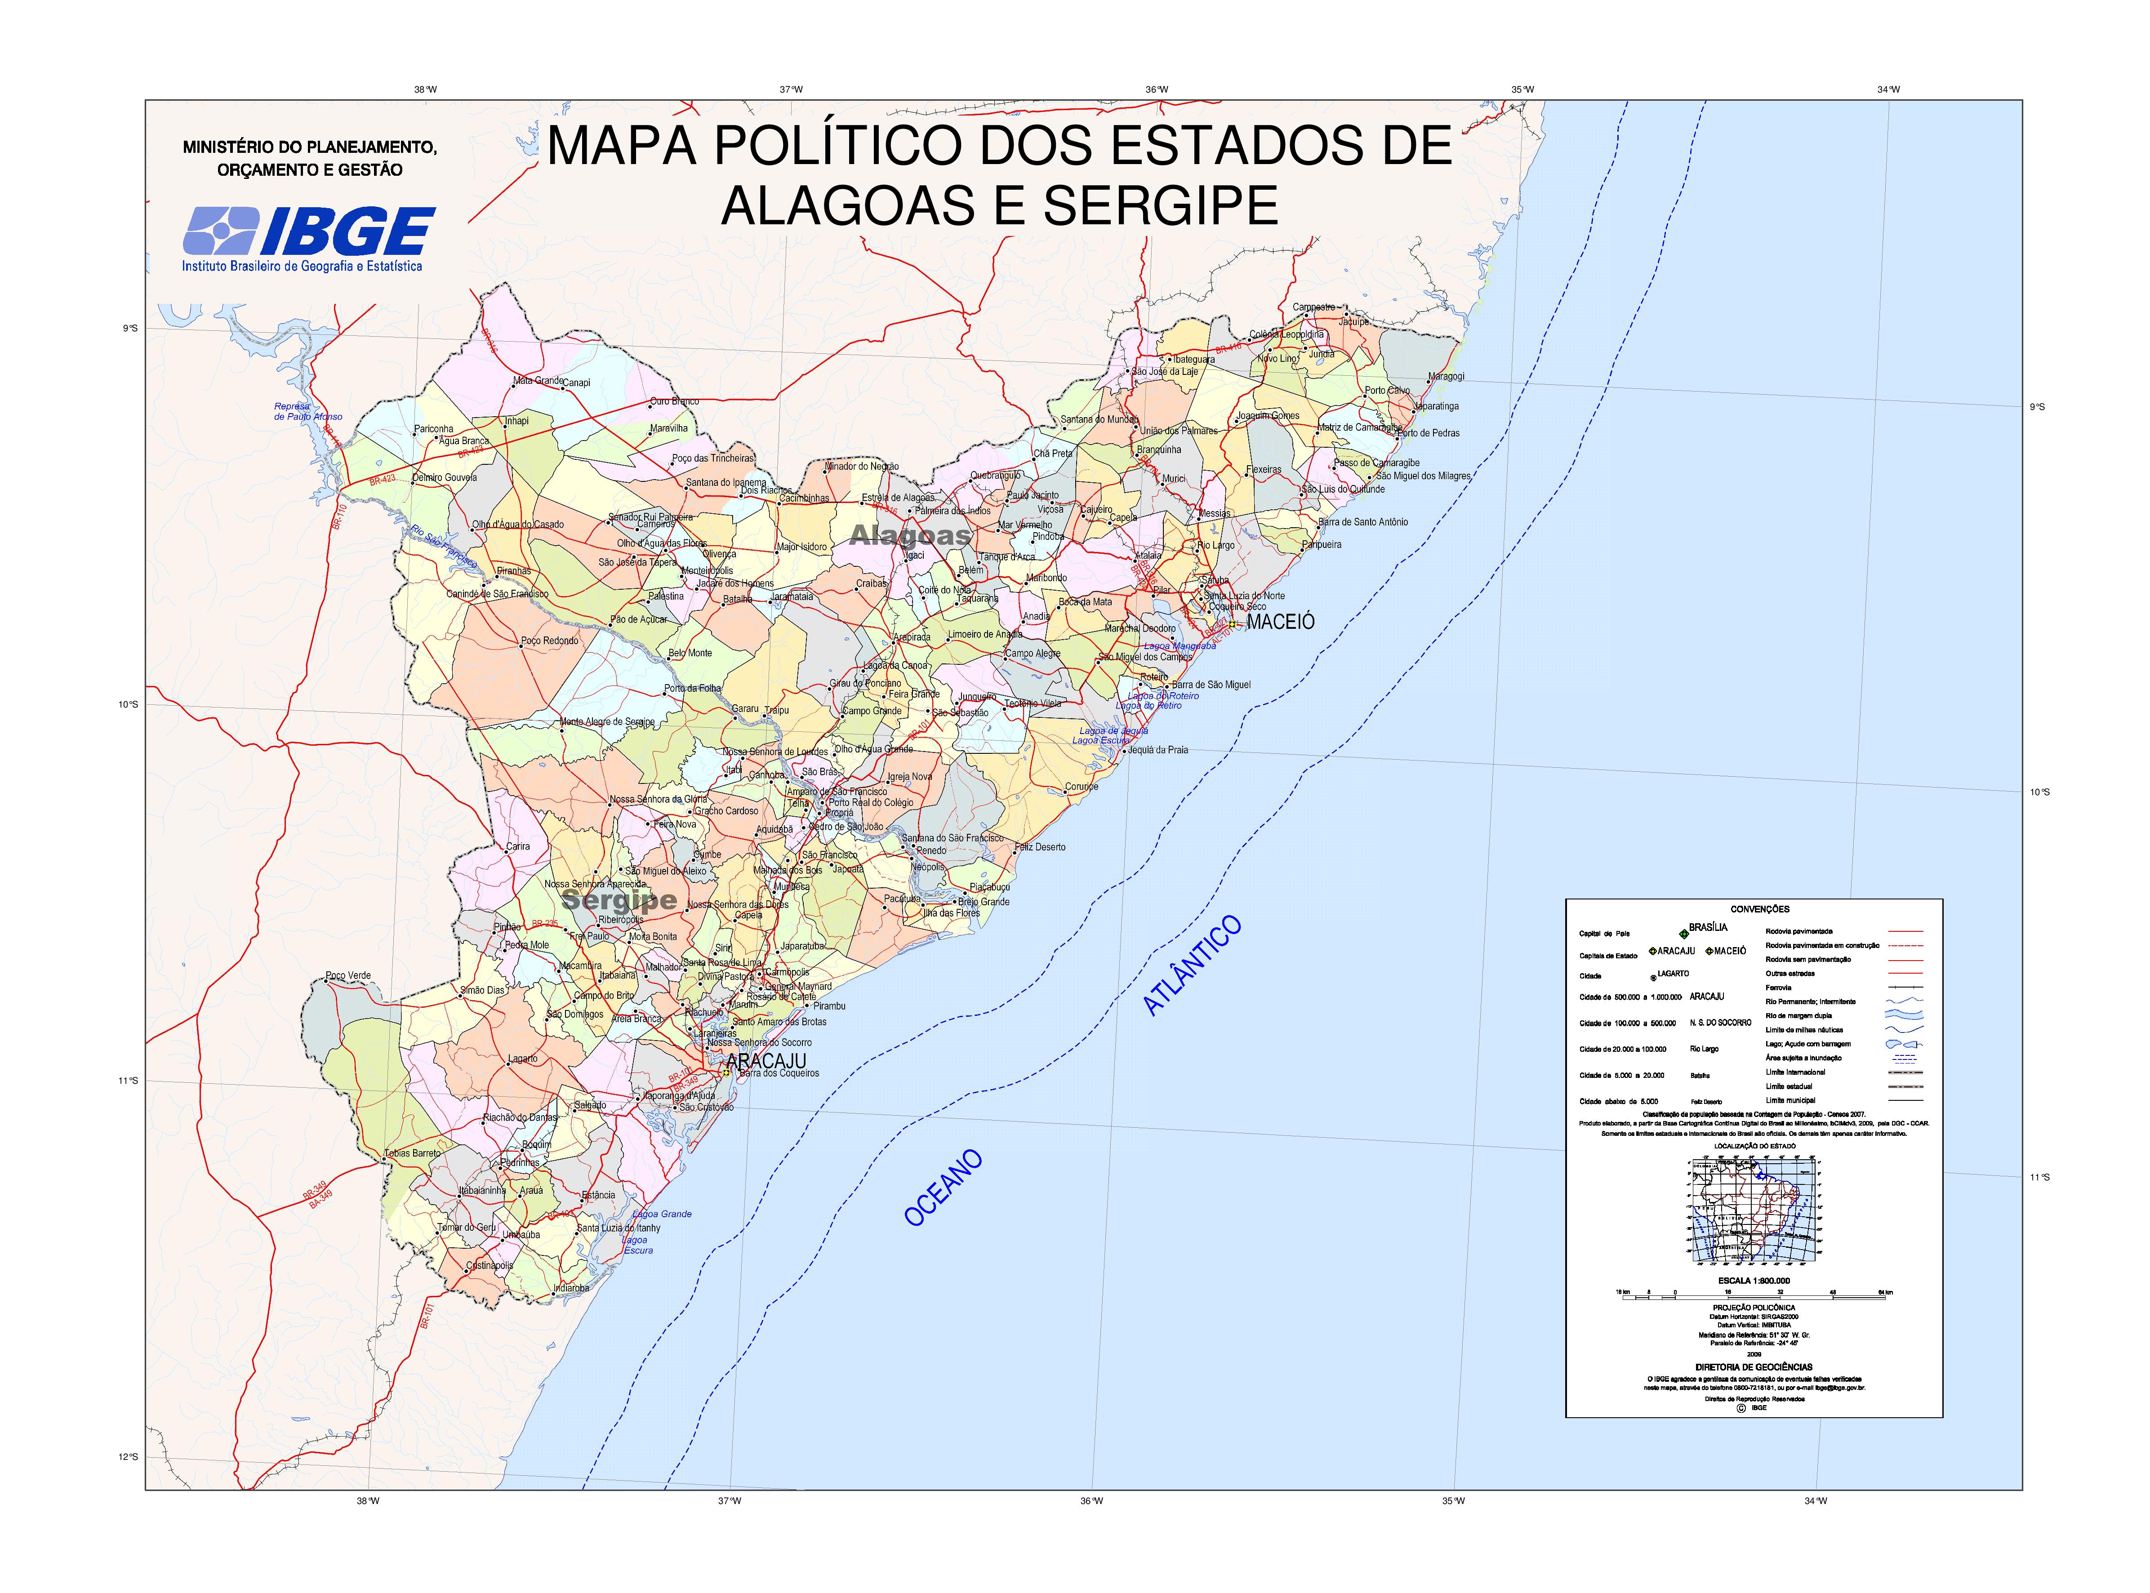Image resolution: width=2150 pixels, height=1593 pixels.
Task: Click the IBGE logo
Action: point(308,231)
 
